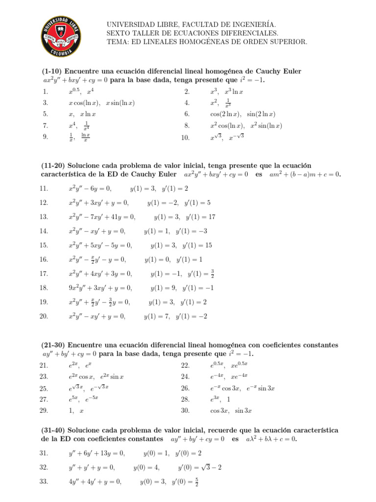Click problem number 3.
click(x=45, y=103)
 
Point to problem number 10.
click(x=185, y=138)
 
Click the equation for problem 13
click(x=102, y=217)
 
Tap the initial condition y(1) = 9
click(x=164, y=288)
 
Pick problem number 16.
click(x=44, y=260)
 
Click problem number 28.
click(x=185, y=399)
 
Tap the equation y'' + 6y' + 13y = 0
click(x=96, y=453)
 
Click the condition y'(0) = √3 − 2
click(x=198, y=467)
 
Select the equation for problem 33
click(x=95, y=482)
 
